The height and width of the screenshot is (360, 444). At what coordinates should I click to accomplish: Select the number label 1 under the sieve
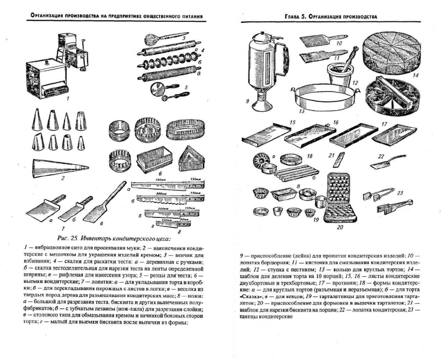click(69, 99)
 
